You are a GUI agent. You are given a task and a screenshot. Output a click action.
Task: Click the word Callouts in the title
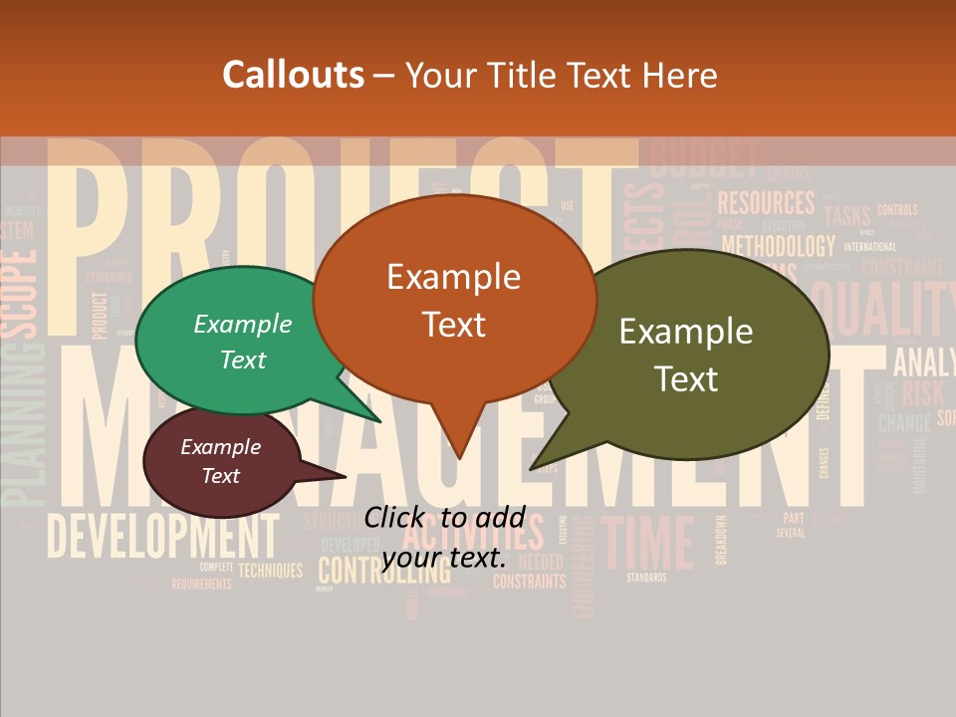coord(293,75)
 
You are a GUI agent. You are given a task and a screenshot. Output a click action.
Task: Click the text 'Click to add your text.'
coord(444,537)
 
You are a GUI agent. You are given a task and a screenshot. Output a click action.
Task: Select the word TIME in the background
coord(648,544)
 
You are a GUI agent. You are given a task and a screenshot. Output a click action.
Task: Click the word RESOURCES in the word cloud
coord(766,203)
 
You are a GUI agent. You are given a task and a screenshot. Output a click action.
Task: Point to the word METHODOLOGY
coord(778,245)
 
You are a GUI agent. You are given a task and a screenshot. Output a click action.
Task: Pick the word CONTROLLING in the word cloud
coord(382,572)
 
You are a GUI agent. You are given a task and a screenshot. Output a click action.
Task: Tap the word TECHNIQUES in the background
coord(270,571)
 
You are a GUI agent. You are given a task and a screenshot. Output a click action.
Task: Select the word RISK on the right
coord(922,391)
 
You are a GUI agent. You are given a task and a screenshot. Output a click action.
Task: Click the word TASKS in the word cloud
coord(847,216)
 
